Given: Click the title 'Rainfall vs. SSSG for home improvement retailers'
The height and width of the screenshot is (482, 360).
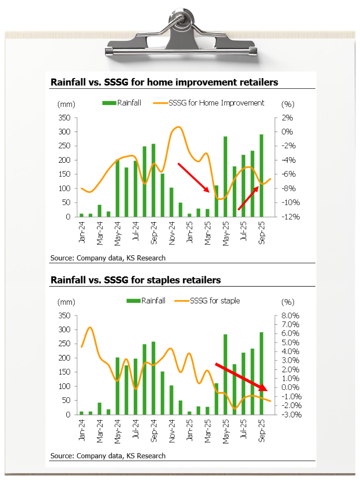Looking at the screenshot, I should (x=164, y=82).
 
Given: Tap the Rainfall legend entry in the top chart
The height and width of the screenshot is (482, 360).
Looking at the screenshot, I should (x=122, y=103).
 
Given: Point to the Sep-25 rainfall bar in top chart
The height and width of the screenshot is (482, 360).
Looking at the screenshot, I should (x=261, y=176).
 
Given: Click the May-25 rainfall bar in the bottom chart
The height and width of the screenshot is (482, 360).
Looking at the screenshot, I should (x=225, y=374).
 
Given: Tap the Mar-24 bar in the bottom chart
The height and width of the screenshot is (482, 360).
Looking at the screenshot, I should (x=100, y=408).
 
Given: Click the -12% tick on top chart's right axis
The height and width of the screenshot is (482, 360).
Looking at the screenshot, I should (x=290, y=217).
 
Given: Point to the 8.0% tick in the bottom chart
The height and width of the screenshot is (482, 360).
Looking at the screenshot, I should (x=290, y=316).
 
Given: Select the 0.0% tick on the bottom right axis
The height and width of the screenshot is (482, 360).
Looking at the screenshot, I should (x=290, y=387).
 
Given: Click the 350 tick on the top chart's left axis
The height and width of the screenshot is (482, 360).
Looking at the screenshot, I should (x=64, y=118).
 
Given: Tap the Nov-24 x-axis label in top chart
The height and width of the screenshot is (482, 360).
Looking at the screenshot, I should (x=172, y=233).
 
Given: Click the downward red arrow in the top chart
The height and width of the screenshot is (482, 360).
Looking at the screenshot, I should (x=193, y=177).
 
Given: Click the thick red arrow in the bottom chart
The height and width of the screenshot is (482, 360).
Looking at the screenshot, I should (x=241, y=377).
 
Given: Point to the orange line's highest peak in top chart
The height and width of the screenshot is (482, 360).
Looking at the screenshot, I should (x=178, y=127).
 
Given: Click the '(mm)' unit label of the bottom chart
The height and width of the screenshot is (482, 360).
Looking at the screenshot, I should (x=66, y=302).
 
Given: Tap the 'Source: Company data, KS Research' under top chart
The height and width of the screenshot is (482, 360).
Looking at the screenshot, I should (x=108, y=258).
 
